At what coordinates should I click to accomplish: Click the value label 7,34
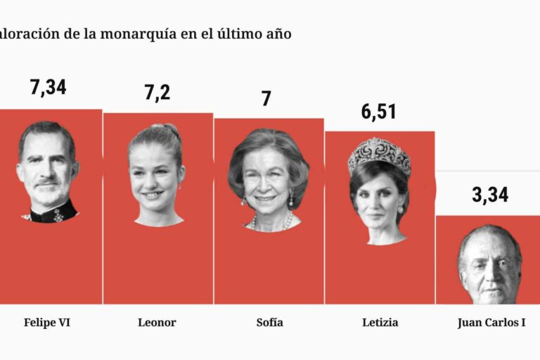(x=48, y=88)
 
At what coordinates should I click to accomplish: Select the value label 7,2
(x=157, y=91)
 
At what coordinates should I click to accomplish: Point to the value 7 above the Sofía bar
(x=266, y=98)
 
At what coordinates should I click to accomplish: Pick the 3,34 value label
(x=489, y=195)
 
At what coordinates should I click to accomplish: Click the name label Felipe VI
(x=47, y=323)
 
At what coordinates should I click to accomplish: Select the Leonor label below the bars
(x=157, y=323)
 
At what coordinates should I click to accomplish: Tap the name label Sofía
(x=270, y=323)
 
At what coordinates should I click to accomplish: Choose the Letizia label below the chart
(x=380, y=323)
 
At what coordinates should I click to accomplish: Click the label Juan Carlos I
(x=491, y=323)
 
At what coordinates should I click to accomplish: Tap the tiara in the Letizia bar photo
(x=380, y=153)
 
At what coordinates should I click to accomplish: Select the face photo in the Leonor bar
(x=156, y=179)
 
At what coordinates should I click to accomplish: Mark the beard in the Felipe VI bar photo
(x=47, y=193)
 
